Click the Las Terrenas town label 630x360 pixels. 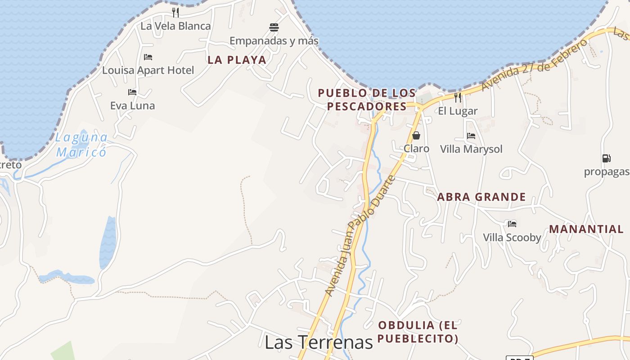(x=319, y=342)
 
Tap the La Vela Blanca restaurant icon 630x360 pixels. (x=175, y=13)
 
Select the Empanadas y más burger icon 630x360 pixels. (x=274, y=27)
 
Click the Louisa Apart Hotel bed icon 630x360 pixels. (x=148, y=57)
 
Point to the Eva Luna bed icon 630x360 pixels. (x=132, y=92)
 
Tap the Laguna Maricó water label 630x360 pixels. (x=82, y=144)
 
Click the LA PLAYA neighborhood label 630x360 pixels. (x=237, y=60)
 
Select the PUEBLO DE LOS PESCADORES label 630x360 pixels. (x=367, y=99)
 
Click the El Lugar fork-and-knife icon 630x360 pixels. (x=458, y=98)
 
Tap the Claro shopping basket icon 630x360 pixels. (x=416, y=135)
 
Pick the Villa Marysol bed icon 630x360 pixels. (x=471, y=136)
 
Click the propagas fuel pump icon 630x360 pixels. (x=607, y=158)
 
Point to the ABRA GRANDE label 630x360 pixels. (x=481, y=197)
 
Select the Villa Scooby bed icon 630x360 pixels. (x=512, y=224)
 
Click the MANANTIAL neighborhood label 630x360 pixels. (x=586, y=229)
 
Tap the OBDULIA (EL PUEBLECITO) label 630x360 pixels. (x=418, y=332)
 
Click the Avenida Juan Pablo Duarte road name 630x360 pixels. (x=360, y=235)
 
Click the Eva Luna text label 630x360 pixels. (x=132, y=106)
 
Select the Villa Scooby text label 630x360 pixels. (x=512, y=237)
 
